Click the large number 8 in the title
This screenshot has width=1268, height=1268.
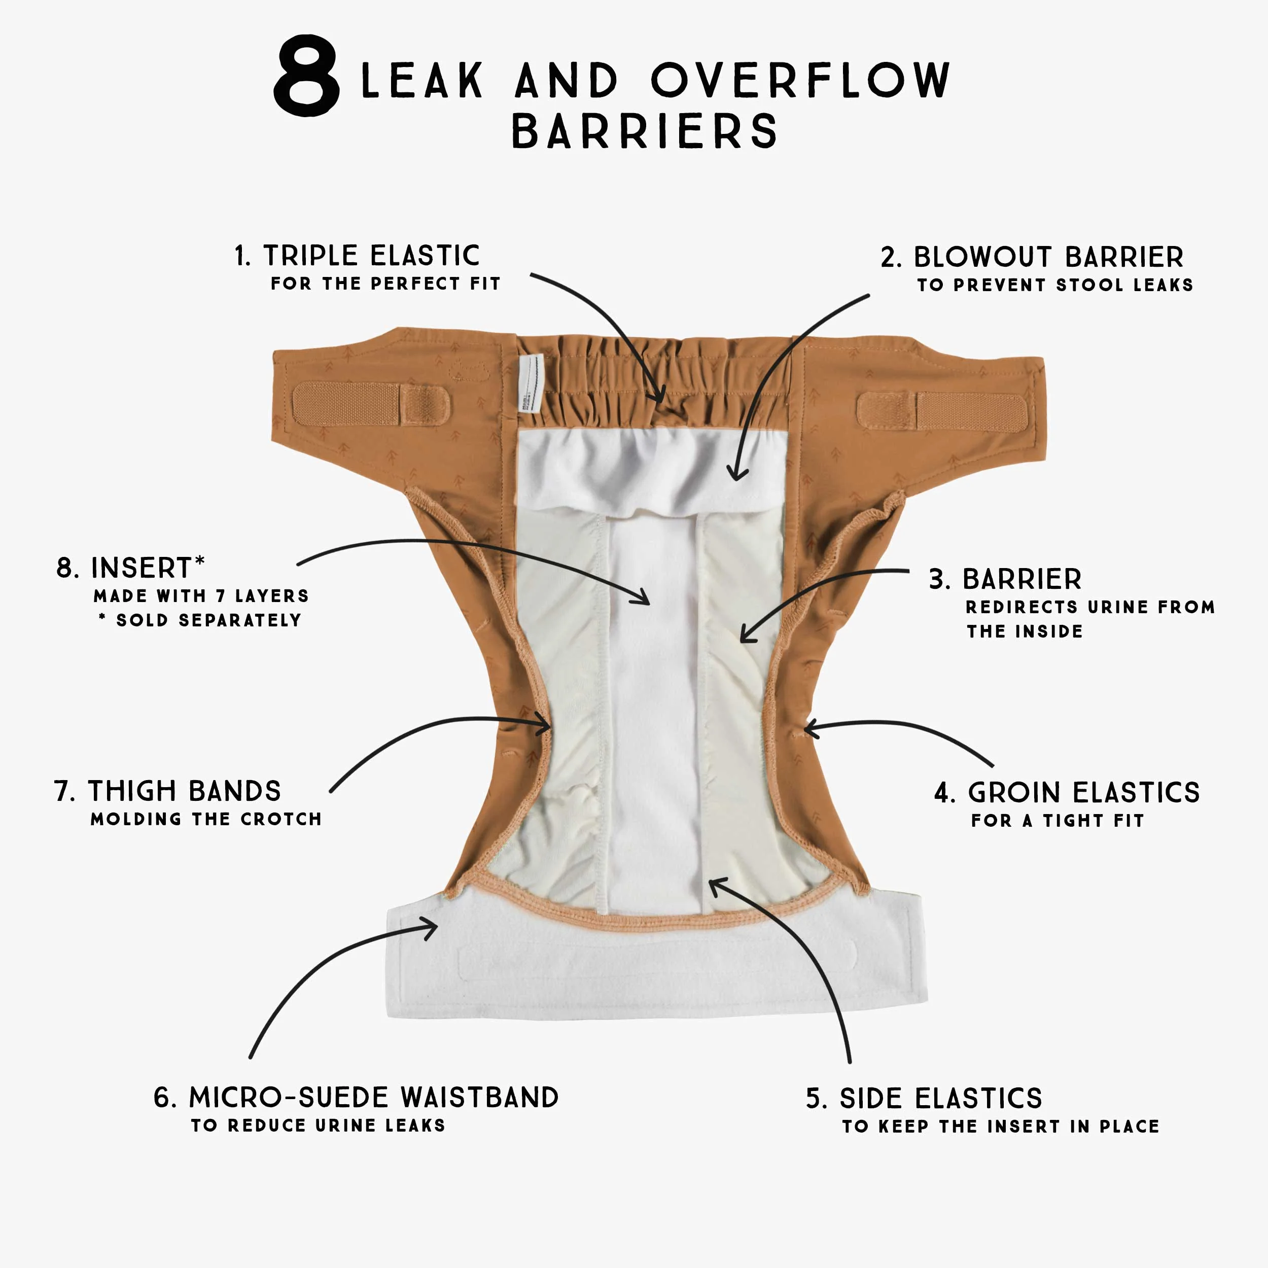coord(306,76)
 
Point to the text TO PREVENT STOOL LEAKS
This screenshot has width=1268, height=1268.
coord(1054,285)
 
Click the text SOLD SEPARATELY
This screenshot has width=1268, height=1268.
coord(208,620)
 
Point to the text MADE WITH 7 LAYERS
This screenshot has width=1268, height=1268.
coord(201,596)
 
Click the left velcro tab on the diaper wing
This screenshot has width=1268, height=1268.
coord(371,404)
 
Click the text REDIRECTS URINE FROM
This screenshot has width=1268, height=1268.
coord(1089,607)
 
